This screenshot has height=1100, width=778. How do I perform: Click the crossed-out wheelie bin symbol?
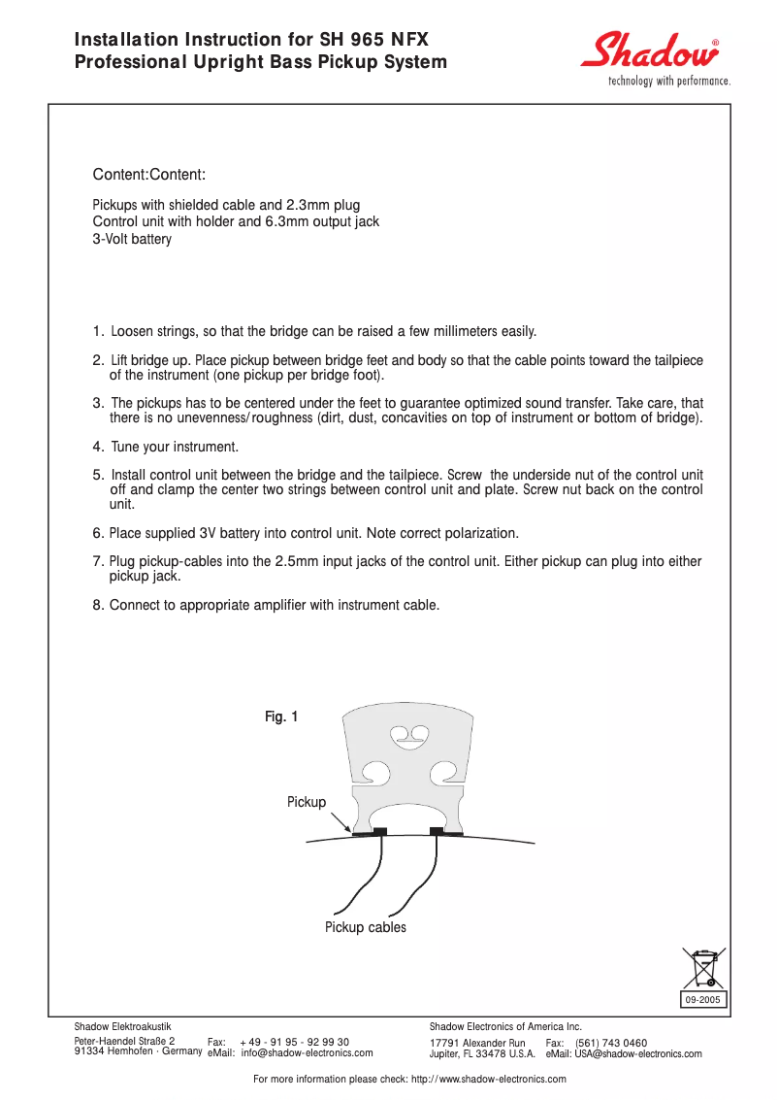pyautogui.click(x=703, y=968)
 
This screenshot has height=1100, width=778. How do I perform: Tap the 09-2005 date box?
pyautogui.click(x=703, y=999)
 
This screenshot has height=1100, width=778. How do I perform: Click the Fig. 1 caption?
pyautogui.click(x=281, y=717)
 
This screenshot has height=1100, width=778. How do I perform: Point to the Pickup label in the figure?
pyautogui.click(x=307, y=802)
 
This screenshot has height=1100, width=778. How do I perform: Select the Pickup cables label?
pyautogui.click(x=366, y=927)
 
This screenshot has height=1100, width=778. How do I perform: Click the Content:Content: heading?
pyautogui.click(x=148, y=175)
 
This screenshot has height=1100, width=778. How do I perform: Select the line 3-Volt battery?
pyautogui.click(x=132, y=239)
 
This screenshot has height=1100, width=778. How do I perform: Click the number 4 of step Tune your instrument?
pyautogui.click(x=97, y=447)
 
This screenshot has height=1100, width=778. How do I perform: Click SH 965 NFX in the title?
pyautogui.click(x=373, y=40)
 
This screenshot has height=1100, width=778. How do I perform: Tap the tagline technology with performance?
pyautogui.click(x=668, y=81)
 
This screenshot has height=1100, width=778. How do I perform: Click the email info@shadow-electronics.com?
pyautogui.click(x=308, y=1052)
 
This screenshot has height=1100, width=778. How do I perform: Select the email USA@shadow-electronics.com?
pyautogui.click(x=638, y=1053)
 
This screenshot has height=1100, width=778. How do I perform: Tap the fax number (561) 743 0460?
pyautogui.click(x=611, y=1043)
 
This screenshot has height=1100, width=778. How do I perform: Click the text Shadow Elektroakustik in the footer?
pyautogui.click(x=123, y=1026)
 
